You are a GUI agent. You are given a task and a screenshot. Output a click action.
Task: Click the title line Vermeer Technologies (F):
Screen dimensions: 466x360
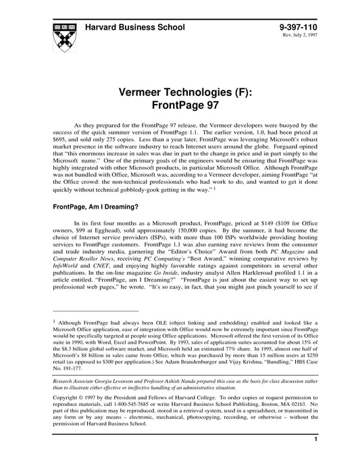tap(179, 92)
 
